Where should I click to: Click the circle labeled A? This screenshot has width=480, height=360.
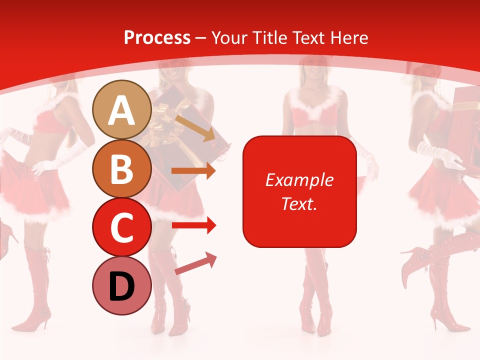tap(121, 109)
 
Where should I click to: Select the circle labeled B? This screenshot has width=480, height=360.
tap(121, 168)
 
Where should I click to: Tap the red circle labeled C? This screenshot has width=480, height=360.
tap(121, 227)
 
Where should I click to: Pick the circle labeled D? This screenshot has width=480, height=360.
tap(121, 285)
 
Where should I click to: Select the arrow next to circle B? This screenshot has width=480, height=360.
tap(193, 171)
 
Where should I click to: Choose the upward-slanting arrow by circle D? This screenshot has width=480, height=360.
tap(195, 263)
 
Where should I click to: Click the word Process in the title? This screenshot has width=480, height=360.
tap(157, 37)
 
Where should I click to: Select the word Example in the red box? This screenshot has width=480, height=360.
tap(299, 180)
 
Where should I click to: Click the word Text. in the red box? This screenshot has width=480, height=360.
tap(299, 203)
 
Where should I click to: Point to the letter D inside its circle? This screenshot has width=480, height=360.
tap(121, 287)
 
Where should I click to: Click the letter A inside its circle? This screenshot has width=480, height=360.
tap(121, 110)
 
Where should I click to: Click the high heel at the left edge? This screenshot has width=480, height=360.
tap(7, 235)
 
